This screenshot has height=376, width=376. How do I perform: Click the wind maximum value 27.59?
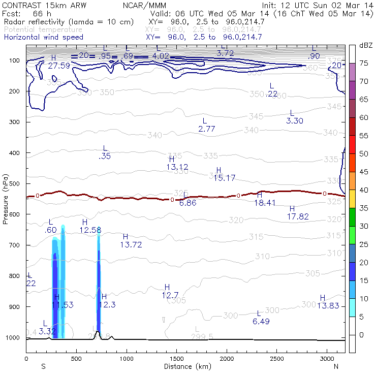tap(59, 66)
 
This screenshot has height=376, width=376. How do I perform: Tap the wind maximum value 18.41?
tap(265, 203)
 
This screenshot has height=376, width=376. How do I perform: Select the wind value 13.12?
tap(177, 167)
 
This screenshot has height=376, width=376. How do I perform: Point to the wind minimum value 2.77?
tap(207, 129)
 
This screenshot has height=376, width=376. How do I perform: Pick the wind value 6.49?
tap(261, 322)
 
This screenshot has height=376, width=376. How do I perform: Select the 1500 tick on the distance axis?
tap(176, 359)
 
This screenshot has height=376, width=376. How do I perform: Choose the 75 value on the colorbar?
tap(364, 63)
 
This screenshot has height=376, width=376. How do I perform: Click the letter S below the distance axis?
tap(43, 366)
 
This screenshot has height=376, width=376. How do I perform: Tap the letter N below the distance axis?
tap(336, 366)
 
